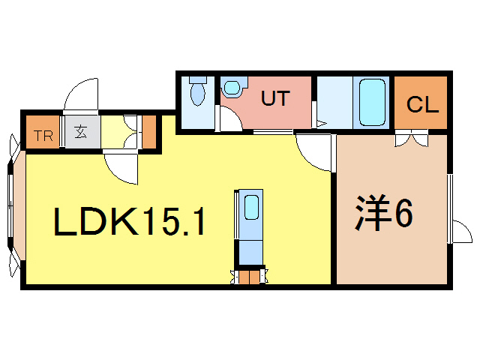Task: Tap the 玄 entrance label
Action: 80,134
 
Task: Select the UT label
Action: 274,98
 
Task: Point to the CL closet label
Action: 422,104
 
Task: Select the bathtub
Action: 372,101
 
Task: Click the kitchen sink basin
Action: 251,207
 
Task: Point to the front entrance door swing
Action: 82,96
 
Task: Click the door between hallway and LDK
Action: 121,166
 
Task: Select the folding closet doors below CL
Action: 411,137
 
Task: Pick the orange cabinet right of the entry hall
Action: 148,132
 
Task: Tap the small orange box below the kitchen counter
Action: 250,277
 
